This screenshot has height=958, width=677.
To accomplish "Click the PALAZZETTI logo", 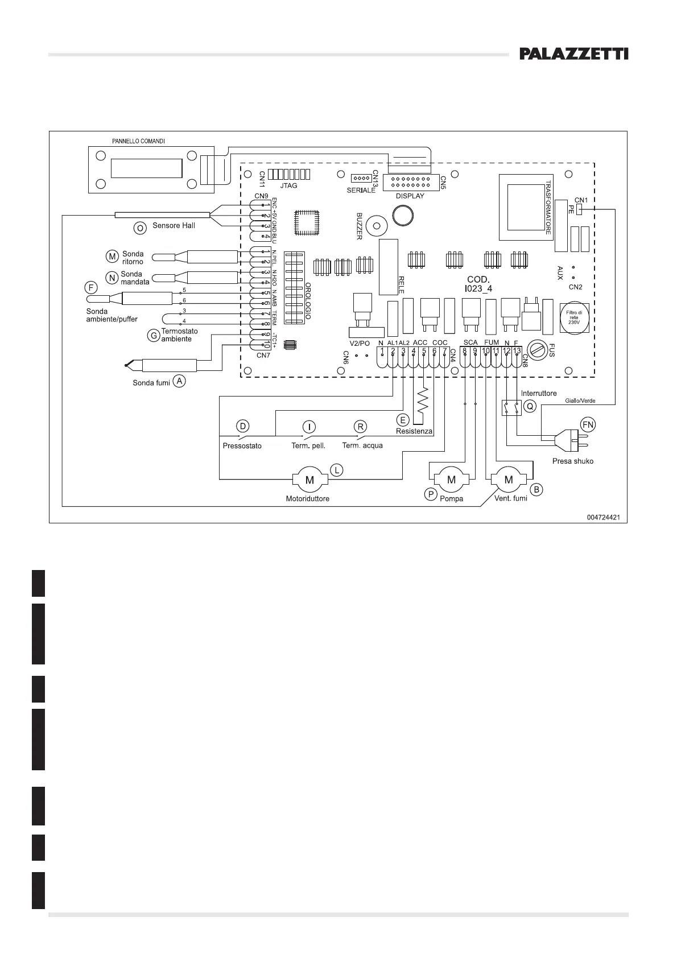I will tap(574, 54).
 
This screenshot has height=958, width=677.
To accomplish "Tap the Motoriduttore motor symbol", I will tap(310, 480).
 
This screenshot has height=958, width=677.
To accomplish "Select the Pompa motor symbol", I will tap(451, 479).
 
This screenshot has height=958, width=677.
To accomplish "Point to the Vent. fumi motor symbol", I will tap(509, 479).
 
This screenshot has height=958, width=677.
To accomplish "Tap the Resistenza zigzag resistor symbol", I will tap(423, 401).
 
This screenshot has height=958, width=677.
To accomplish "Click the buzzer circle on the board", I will tap(375, 226).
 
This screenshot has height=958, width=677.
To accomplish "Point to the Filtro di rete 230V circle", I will tap(574, 317).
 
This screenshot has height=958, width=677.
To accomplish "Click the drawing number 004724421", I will tap(603, 517).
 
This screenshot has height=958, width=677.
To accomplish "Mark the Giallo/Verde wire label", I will tap(580, 400).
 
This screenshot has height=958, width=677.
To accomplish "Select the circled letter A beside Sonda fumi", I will tap(179, 381).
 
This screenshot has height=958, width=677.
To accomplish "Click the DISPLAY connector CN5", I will tap(411, 183).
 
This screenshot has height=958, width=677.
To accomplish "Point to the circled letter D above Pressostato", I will tap(243, 426).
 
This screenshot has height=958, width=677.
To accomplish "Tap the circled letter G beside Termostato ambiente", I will tap(152, 335).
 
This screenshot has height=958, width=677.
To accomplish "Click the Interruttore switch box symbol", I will tap(511, 407).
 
